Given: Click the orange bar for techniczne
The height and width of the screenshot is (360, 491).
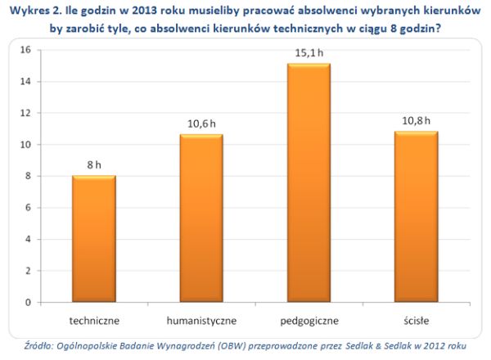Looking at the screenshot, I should point(93,239).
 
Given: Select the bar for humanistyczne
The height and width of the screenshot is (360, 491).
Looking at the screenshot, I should point(200,218).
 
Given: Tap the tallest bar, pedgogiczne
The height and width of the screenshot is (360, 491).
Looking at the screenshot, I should point(308,183).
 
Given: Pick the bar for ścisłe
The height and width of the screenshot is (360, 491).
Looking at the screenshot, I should point(415,217).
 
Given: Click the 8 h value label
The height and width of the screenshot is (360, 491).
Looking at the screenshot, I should point(94,164).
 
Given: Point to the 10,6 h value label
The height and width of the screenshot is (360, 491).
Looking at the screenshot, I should point(200,124).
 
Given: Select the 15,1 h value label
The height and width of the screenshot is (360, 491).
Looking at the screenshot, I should point(309,52).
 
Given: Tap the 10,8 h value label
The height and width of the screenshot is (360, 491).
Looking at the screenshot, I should point(415,120).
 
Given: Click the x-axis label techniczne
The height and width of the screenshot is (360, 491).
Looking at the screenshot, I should point(93,318).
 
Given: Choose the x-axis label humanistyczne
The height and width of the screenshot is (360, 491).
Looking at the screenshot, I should point(200,318).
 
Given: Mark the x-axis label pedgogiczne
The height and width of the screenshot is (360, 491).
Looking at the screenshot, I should point(308,318).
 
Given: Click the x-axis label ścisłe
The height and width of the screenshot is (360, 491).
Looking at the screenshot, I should point(415,318).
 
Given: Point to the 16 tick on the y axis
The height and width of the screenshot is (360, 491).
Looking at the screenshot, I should point(25,50).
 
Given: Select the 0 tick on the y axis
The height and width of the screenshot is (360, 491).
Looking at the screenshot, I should point(28,303).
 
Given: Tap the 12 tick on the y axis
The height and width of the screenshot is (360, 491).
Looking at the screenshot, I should point(25,113).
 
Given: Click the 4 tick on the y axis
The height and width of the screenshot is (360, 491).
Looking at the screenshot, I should point(28,239).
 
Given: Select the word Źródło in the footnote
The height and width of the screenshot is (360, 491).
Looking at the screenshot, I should point(39,346).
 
